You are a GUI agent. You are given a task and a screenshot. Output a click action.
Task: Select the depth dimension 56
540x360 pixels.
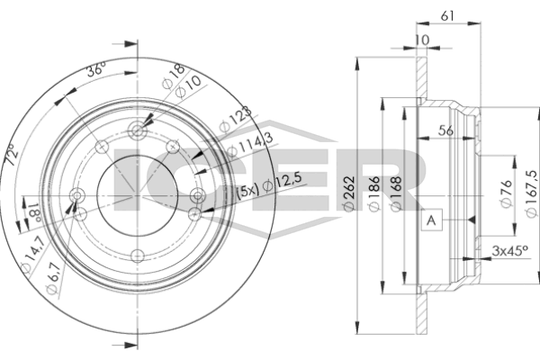445,130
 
